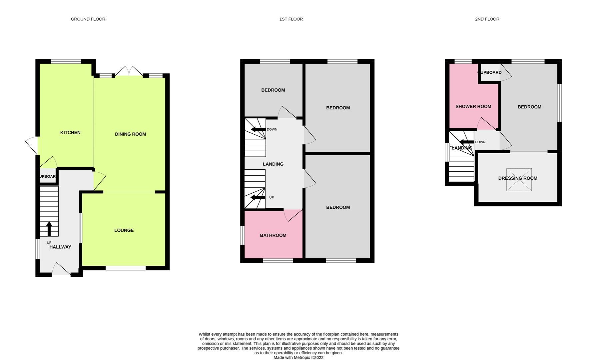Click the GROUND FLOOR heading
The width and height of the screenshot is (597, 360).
point(88,19)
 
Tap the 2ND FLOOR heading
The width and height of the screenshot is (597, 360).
point(487,19)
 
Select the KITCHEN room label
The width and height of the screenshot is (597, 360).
point(70,132)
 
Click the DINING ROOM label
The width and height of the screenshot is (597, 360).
point(130,134)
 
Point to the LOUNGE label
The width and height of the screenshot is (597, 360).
point(124,230)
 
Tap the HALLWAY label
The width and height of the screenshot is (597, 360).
point(60,247)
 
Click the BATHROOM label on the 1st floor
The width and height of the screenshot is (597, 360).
point(273,235)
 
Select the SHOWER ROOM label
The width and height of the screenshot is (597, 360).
point(473,107)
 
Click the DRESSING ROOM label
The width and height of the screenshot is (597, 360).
point(518,178)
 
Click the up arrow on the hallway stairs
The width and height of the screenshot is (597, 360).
point(49,229)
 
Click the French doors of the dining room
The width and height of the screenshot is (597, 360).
point(129,71)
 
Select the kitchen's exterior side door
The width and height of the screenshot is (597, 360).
point(32,146)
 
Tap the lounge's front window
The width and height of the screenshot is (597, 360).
point(126,268)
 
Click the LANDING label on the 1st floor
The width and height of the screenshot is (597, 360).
point(273,164)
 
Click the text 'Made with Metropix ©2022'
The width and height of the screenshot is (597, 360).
point(298,357)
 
